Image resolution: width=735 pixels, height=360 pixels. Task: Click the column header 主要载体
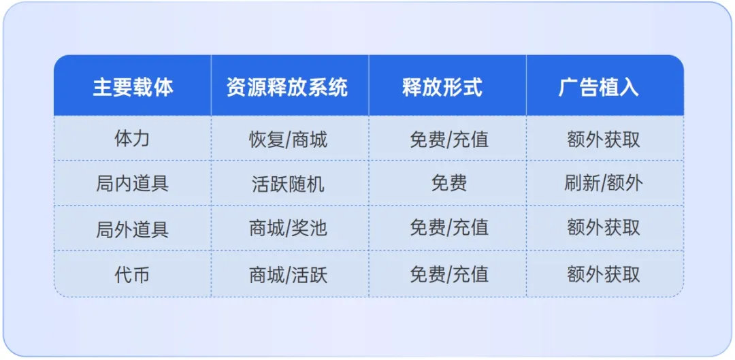133,87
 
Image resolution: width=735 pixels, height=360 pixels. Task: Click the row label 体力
132,139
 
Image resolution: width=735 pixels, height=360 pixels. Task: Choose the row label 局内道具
132,183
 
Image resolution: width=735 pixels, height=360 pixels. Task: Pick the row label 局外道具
132,229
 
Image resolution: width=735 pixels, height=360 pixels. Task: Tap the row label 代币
132,274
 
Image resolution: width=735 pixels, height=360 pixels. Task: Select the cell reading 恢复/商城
288,140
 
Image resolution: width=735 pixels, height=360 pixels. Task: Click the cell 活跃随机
288,184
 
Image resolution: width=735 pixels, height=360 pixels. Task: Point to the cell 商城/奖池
288,229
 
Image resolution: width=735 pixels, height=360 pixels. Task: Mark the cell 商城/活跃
288,274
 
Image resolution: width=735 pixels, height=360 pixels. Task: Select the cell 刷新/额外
603,183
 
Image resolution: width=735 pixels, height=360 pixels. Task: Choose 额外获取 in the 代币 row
603,274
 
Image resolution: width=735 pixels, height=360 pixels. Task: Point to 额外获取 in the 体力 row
603,139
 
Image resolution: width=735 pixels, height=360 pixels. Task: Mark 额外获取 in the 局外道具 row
603,228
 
